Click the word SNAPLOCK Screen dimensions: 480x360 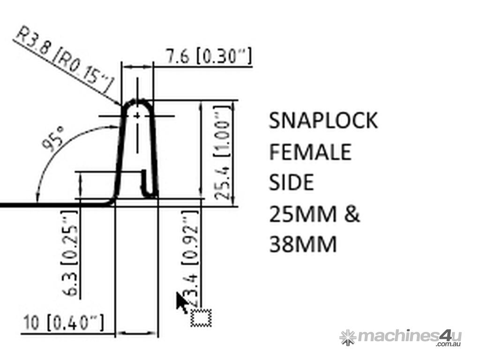point(323,120)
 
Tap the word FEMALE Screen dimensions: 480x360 point(310,152)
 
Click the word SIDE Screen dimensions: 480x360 point(291,182)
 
